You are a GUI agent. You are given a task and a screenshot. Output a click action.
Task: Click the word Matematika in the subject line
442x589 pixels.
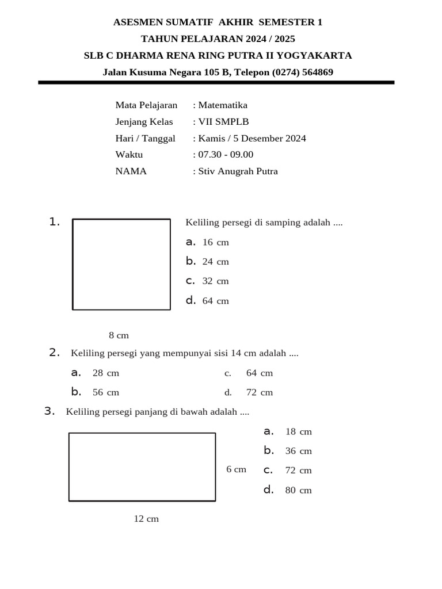pyautogui.click(x=223, y=105)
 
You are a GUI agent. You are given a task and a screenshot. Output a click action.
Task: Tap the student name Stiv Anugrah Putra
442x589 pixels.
pyautogui.click(x=238, y=171)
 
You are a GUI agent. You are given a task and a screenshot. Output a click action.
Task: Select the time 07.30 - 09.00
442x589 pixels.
pyautogui.click(x=226, y=155)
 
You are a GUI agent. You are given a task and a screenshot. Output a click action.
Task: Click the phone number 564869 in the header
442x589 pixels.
pyautogui.click(x=315, y=72)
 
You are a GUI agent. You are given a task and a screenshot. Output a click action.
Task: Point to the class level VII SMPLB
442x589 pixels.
pyautogui.click(x=223, y=122)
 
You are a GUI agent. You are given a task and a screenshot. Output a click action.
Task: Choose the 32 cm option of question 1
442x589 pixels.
pyautogui.click(x=215, y=281)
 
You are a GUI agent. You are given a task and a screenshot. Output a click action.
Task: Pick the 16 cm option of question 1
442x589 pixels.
pyautogui.click(x=215, y=242)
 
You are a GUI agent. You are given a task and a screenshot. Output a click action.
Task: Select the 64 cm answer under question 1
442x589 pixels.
pyautogui.click(x=215, y=301)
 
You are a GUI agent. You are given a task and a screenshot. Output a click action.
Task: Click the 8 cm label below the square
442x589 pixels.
pyautogui.click(x=119, y=335)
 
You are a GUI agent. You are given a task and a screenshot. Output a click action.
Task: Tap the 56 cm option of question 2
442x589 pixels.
pyautogui.click(x=105, y=392)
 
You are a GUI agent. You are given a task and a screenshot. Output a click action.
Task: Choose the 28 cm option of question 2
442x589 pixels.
pyautogui.click(x=105, y=373)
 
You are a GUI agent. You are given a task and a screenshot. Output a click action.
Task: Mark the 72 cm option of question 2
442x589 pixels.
pyautogui.click(x=260, y=392)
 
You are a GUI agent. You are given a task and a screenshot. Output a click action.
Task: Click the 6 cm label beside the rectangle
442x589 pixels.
pyautogui.click(x=236, y=469)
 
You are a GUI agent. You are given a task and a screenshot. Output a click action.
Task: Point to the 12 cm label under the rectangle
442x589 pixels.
pyautogui.click(x=146, y=519)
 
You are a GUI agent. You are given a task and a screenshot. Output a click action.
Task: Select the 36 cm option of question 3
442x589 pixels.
pyautogui.click(x=298, y=451)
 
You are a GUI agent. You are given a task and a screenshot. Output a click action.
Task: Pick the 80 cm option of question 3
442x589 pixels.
pyautogui.click(x=298, y=490)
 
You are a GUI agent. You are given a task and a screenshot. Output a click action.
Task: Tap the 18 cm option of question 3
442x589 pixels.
pyautogui.click(x=298, y=431)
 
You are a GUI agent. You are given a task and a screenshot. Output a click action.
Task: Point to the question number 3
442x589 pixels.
pyautogui.click(x=49, y=411)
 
